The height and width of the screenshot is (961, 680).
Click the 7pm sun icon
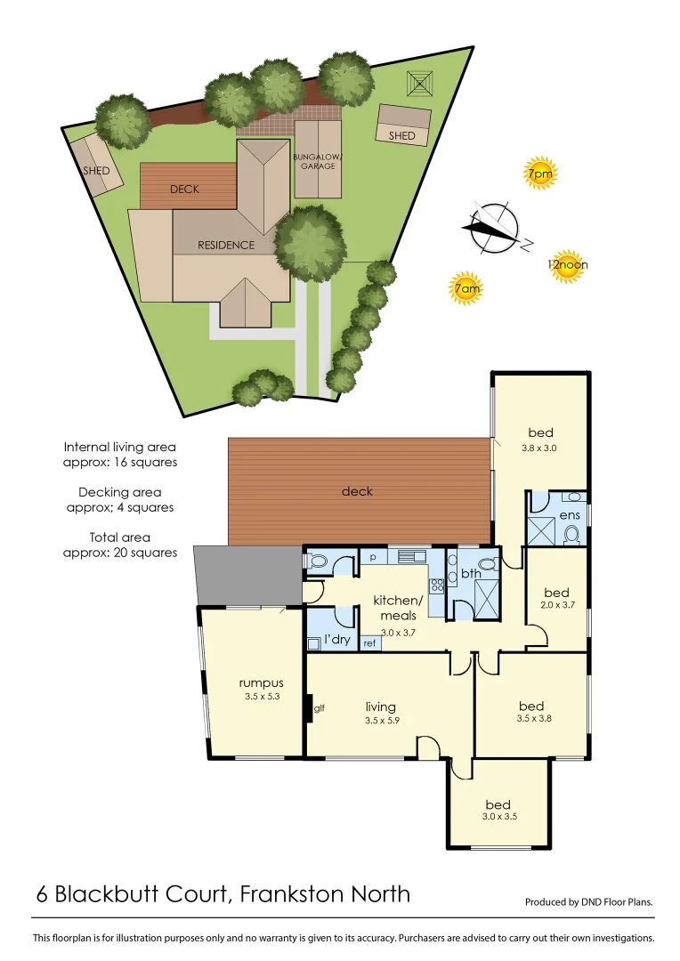(539, 175)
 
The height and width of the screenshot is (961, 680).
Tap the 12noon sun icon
(567, 264)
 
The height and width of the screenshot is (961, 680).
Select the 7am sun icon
(466, 289)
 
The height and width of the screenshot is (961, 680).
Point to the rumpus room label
(262, 682)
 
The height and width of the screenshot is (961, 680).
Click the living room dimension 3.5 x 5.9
(380, 721)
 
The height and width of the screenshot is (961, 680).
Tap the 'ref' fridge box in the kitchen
(369, 642)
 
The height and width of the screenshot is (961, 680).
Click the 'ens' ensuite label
(571, 514)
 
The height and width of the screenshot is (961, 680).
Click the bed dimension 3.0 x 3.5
(498, 816)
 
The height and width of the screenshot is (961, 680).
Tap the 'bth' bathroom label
(470, 574)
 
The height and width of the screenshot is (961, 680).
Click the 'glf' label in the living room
(320, 708)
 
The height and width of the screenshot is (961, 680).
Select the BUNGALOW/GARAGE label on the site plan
(318, 161)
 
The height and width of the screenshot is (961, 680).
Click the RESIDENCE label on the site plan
(226, 245)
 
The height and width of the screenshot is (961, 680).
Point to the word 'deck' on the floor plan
(357, 491)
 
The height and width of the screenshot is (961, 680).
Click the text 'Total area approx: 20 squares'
(120, 545)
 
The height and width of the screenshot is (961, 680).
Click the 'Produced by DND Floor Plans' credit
(588, 901)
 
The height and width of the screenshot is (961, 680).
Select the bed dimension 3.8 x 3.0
(538, 448)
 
